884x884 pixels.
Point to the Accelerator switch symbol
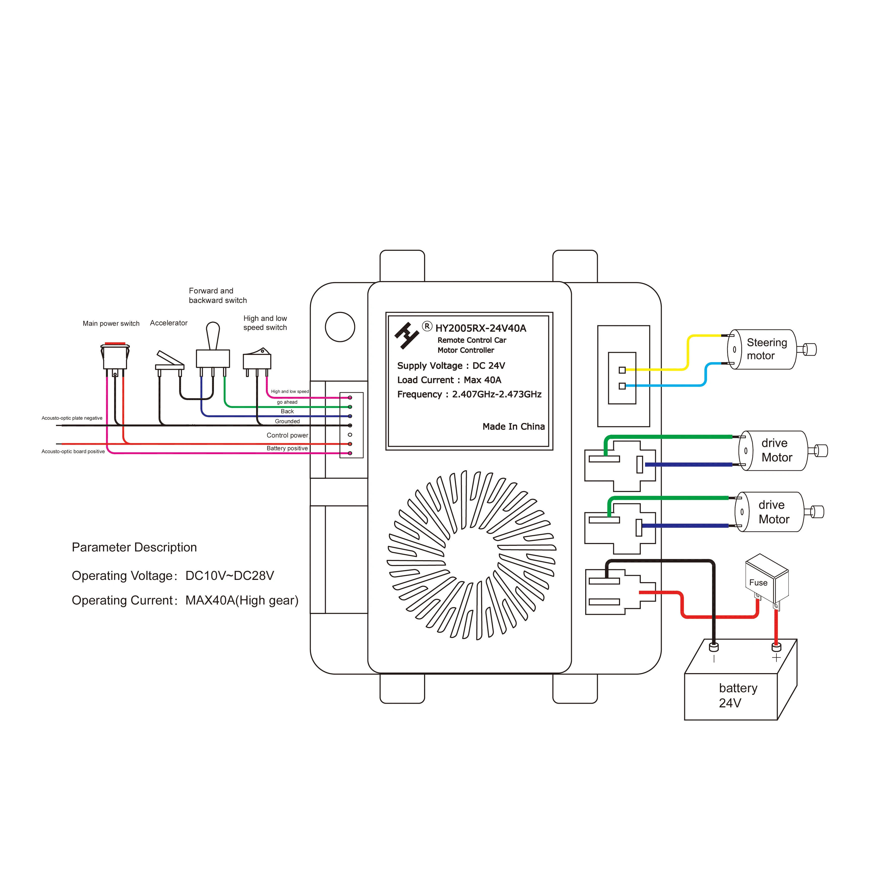[169, 361]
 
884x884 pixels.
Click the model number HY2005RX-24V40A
[480, 328]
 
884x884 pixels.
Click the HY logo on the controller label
[406, 335]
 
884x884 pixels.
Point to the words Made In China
[513, 426]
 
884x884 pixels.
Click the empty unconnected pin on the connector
[350, 435]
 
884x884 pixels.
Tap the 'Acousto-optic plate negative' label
[72, 418]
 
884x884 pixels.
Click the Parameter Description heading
[134, 547]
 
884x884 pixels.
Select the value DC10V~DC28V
[229, 576]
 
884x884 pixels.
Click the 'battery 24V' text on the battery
[737, 696]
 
